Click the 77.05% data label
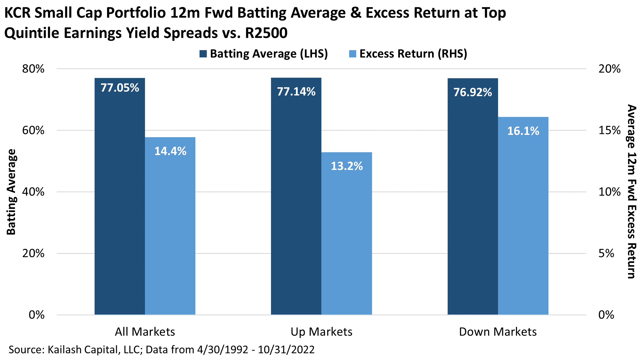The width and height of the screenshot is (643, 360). click(120, 88)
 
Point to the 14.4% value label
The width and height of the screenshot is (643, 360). click(170, 151)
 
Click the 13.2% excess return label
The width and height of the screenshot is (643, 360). click(347, 166)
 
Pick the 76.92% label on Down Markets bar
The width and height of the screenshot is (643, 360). click(473, 92)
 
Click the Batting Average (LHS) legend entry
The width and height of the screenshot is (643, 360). click(264, 54)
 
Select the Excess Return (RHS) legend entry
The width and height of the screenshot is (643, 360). click(408, 54)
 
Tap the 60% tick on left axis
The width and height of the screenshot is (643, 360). click(33, 130)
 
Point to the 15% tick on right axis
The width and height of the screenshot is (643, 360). click(609, 130)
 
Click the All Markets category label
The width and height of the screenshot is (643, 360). click(145, 332)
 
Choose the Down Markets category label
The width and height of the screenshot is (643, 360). click(498, 332)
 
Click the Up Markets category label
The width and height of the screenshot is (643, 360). click(321, 332)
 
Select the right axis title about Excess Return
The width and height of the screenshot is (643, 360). click(632, 192)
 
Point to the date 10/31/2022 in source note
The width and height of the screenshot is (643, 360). click(286, 350)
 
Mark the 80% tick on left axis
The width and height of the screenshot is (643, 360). click(33, 69)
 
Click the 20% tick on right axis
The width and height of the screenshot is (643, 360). click(609, 69)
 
